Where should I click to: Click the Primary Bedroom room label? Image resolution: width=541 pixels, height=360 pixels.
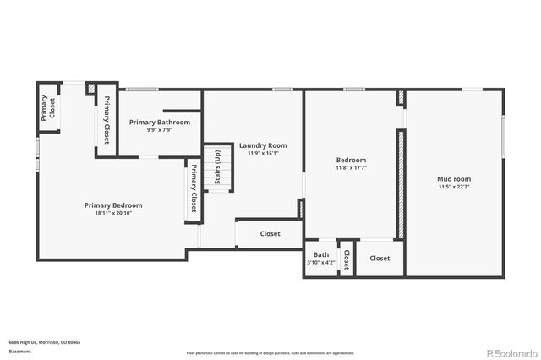pos(112,205)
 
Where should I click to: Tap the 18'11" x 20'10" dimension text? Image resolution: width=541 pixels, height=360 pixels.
pos(112,213)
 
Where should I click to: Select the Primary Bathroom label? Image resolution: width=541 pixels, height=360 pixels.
pos(159,122)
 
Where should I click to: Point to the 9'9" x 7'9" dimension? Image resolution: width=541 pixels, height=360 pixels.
pos(159,130)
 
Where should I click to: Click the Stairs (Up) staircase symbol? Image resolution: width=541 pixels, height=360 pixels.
pos(218,166)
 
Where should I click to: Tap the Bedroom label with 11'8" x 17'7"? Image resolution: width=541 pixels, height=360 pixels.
pos(351,160)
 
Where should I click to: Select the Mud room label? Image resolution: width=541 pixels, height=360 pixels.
pos(453,178)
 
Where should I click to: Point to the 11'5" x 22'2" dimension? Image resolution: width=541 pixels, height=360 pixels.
pos(453,187)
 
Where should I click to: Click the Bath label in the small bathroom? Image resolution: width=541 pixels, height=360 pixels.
pos(321,254)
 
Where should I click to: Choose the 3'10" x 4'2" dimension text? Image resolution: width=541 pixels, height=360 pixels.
pos(321,263)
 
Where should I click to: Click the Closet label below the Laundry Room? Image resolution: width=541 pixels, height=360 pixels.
pos(270,233)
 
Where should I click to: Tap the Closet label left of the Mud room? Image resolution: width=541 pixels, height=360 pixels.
pos(380,258)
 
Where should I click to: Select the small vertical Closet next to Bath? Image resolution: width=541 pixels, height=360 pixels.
pos(347,259)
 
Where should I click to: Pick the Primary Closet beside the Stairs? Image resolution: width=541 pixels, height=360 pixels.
pos(194,192)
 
